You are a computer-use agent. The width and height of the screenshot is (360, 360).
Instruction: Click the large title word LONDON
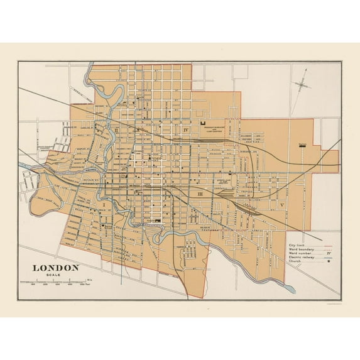[56, 267]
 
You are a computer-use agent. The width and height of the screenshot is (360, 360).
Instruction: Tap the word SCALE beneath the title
[46, 275]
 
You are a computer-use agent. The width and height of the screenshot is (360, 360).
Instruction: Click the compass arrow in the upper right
[302, 83]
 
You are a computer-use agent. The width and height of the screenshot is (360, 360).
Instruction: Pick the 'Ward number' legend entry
[300, 254]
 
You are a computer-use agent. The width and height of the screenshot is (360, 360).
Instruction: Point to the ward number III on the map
[199, 195]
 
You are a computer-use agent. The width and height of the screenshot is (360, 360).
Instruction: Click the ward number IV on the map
[186, 130]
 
